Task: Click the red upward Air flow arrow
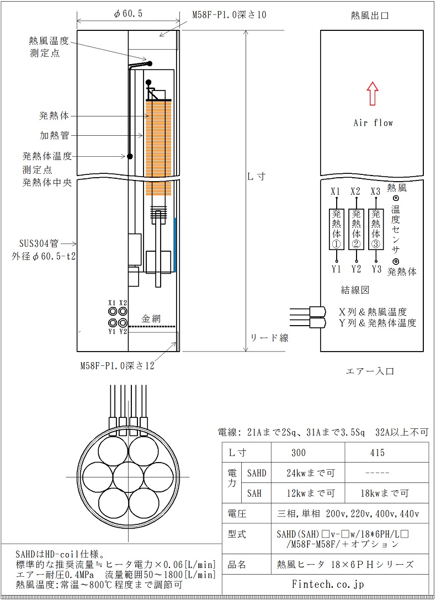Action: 372,93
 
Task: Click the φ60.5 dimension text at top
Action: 128,14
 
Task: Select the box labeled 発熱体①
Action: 337,229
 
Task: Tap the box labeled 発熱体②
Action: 356,229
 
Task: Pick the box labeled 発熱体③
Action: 376,229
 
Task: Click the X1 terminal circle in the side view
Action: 113,311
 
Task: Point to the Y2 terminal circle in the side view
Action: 123,322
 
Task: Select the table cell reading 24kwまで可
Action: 308,473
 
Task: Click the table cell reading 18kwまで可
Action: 387,493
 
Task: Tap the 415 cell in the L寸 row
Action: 387,453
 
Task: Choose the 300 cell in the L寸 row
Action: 308,453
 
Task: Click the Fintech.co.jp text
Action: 328,584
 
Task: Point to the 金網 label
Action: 151,318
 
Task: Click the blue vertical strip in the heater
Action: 175,245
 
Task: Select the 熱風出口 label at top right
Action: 370,15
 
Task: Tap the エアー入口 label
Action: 370,371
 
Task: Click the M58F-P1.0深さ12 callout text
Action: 117,365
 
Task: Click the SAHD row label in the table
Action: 257,473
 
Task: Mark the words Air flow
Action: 373,123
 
